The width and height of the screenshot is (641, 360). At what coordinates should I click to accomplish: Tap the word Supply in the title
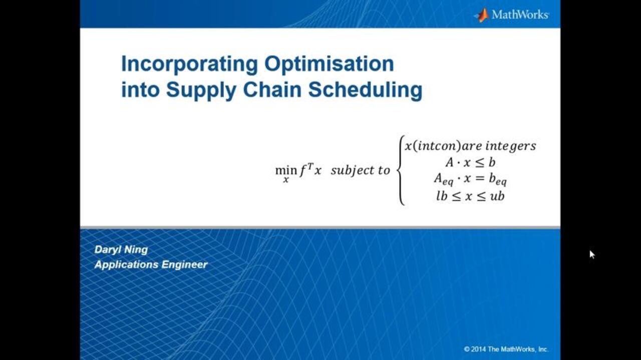tap(201, 91)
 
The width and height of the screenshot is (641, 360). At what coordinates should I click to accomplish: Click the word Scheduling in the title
tap(365, 91)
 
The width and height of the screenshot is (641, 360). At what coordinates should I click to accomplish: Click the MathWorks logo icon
tap(482, 15)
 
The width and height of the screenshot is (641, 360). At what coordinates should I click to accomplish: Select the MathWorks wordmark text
tap(520, 15)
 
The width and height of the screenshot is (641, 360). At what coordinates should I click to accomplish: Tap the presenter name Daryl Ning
tap(121, 250)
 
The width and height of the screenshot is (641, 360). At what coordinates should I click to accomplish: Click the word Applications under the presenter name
tap(126, 265)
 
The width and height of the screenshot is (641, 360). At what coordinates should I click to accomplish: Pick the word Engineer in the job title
tap(184, 265)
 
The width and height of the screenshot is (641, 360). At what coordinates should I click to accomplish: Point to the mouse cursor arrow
tap(592, 254)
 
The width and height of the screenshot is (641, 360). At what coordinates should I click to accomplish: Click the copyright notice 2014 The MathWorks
tap(506, 349)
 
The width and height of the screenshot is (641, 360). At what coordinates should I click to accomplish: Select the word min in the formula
tap(282, 171)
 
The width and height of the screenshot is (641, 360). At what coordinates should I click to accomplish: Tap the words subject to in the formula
tap(361, 171)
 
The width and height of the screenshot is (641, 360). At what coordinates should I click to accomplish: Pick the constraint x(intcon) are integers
tap(470, 146)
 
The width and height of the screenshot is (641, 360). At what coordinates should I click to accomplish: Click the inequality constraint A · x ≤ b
tap(470, 163)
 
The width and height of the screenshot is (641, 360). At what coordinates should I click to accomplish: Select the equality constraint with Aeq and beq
tap(470, 179)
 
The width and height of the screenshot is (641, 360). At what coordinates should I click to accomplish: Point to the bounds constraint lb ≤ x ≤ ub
tap(470, 196)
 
